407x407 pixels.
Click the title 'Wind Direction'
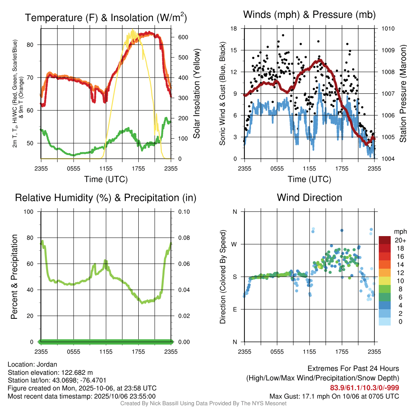pos(309,198)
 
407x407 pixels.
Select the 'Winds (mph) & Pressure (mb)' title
pos(309,15)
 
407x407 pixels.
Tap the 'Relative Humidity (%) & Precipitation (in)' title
pos(106,198)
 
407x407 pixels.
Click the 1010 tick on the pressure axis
pos(388,29)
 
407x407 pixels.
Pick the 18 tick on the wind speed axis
pos(234,29)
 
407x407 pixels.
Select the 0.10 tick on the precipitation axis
pos(183,211)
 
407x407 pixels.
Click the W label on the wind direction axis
pos(235,244)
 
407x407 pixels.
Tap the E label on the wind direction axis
pos(235,309)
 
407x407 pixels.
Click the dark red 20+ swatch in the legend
pos(384,240)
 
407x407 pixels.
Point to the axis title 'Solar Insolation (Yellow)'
pos(197,93)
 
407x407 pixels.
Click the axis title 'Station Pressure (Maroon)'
pos(402,93)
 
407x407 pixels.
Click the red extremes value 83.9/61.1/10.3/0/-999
pos(364,388)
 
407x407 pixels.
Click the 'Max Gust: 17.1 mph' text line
pos(334,396)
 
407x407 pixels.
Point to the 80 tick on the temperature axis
pos(35,45)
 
